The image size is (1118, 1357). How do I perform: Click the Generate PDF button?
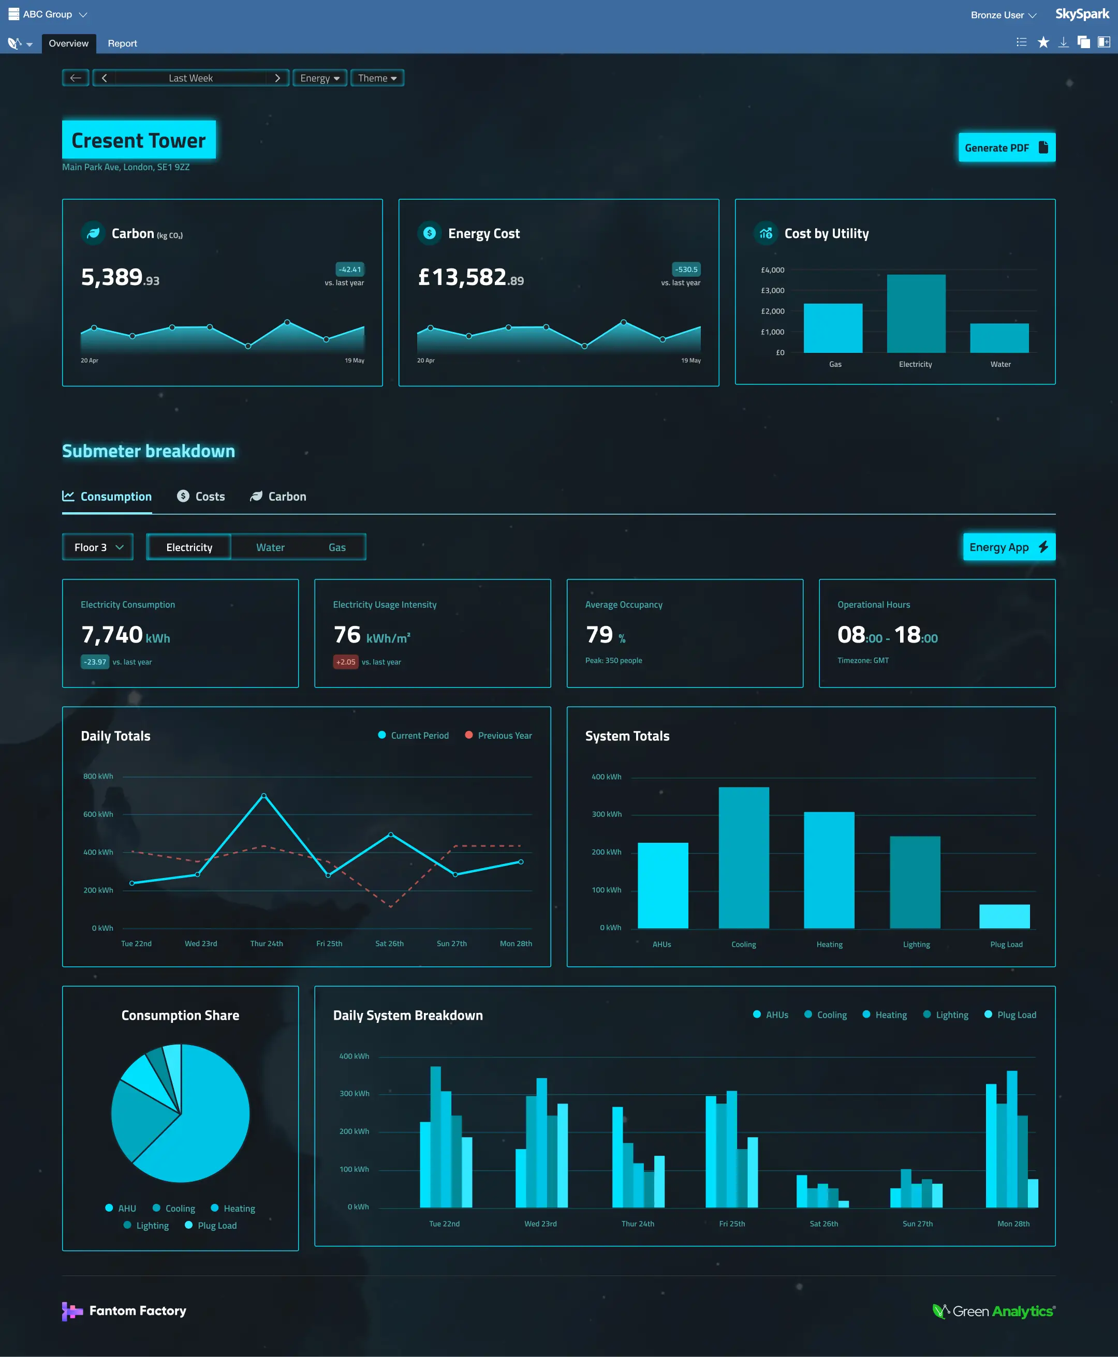[x=1006, y=147]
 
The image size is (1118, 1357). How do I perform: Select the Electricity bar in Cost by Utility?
[x=916, y=314]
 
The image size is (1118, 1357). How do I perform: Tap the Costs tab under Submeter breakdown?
[x=201, y=496]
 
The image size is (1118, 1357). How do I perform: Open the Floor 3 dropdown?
[x=98, y=547]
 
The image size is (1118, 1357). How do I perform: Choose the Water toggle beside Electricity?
[x=270, y=547]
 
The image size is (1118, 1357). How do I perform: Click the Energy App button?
[x=1008, y=547]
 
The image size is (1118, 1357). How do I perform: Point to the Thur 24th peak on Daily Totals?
[x=263, y=796]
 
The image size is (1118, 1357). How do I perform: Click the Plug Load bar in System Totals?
[x=1004, y=916]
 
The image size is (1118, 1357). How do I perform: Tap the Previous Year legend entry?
[x=498, y=735]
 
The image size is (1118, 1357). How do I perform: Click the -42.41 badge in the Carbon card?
[x=350, y=269]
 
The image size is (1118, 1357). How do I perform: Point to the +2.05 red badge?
[x=345, y=662]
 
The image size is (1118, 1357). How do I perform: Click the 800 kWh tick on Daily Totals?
[x=98, y=777]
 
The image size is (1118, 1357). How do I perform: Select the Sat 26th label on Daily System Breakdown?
[x=823, y=1224]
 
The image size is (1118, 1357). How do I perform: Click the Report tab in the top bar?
[x=122, y=43]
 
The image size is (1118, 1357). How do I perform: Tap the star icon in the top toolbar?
[x=1043, y=42]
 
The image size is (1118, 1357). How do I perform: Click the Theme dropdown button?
[x=377, y=78]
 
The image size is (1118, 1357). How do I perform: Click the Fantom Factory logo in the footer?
[x=124, y=1310]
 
